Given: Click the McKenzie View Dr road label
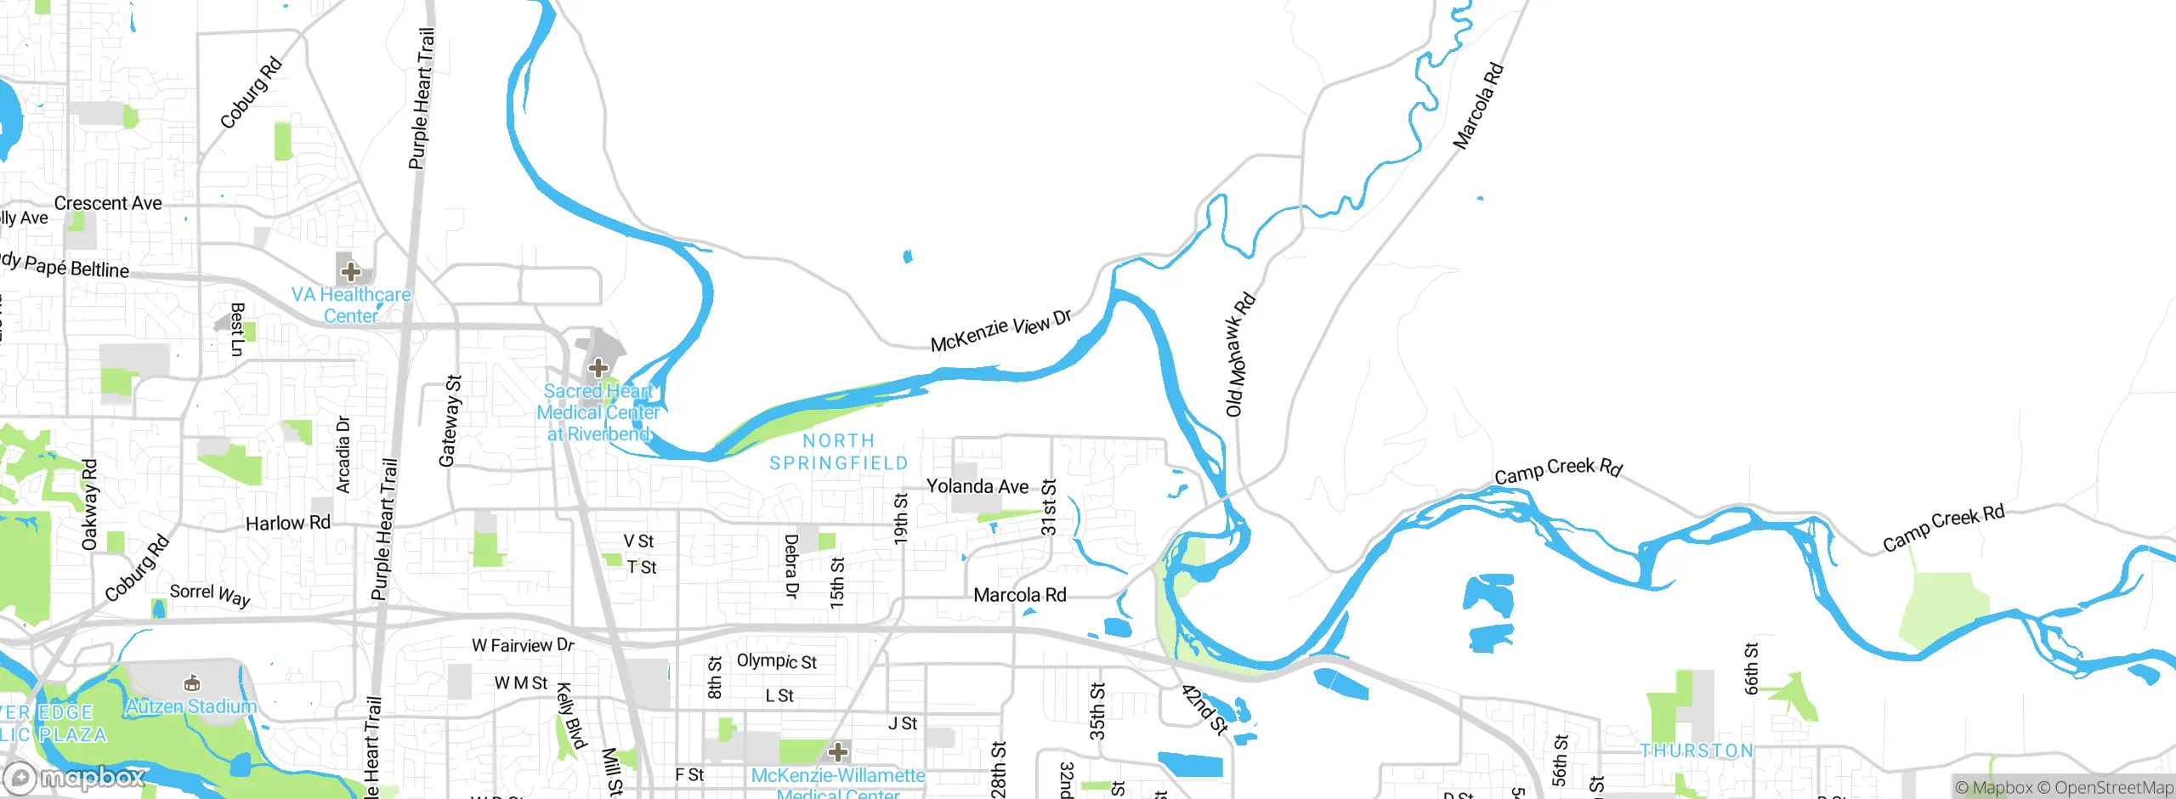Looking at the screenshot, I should click(x=1000, y=331).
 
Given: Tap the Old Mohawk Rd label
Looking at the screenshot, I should click(x=1240, y=354).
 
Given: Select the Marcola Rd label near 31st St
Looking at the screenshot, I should click(x=1019, y=595).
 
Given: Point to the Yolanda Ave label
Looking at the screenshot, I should click(x=977, y=486).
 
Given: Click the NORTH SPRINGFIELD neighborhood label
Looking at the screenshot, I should click(x=838, y=451).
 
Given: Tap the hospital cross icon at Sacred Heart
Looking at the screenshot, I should click(x=598, y=368).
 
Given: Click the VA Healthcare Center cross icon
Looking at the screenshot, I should click(x=350, y=272).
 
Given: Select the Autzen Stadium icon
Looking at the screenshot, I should click(x=192, y=683).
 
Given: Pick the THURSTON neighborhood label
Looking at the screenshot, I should click(x=1696, y=751).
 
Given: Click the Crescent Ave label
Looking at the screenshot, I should click(x=108, y=203).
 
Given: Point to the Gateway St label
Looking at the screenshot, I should click(x=450, y=421).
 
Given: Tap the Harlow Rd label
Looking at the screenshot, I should click(x=287, y=523).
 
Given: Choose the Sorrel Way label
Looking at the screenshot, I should click(x=210, y=594).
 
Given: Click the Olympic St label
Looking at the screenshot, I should click(x=776, y=660).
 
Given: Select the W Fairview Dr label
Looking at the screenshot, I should click(x=523, y=645).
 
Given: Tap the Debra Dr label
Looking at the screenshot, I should click(x=791, y=566).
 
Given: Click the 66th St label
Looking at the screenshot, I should click(x=1751, y=668).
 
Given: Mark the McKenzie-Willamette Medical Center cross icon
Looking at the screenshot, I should click(x=838, y=751).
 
